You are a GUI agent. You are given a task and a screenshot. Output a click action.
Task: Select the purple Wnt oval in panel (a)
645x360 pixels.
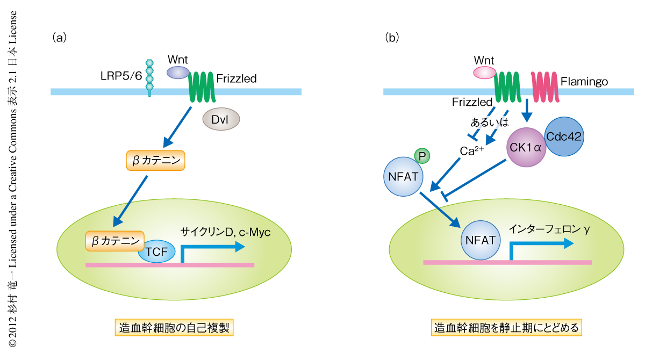click(178, 72)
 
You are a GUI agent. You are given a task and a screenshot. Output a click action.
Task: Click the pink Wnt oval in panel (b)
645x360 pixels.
click(484, 72)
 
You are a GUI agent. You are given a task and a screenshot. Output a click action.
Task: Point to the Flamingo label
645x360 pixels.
click(584, 82)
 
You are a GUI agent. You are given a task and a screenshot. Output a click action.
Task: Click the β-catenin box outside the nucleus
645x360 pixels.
click(155, 160)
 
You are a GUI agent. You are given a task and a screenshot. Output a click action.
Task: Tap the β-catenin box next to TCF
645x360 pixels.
click(114, 240)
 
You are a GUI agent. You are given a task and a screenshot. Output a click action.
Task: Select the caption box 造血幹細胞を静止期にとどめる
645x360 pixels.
click(506, 327)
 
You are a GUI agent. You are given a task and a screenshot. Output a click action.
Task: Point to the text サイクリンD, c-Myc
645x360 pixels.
click(226, 233)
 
